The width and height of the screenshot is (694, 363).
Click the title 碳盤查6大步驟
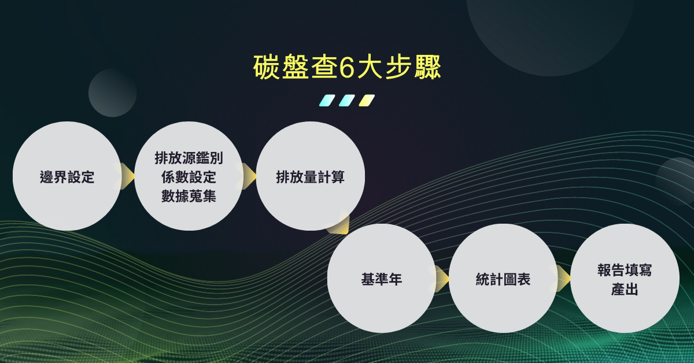(347, 66)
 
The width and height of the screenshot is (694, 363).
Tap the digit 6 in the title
(346, 67)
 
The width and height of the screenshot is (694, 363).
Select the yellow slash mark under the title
(367, 101)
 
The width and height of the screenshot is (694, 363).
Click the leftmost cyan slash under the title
(327, 101)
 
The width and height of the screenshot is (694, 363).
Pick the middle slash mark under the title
(347, 101)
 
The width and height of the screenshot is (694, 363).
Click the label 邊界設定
(67, 177)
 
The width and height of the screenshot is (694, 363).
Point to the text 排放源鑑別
(189, 158)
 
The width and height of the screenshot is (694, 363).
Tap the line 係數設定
(189, 177)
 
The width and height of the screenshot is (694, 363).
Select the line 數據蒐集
(189, 196)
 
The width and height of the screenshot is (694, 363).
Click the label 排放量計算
(310, 177)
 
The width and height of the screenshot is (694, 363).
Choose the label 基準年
(381, 279)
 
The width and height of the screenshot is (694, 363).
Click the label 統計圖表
(503, 279)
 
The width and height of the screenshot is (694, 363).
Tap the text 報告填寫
(625, 270)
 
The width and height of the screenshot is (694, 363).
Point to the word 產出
(625, 289)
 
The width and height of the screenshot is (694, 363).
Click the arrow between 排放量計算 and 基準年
(339, 224)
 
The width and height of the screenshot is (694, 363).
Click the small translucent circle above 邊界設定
(112, 93)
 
